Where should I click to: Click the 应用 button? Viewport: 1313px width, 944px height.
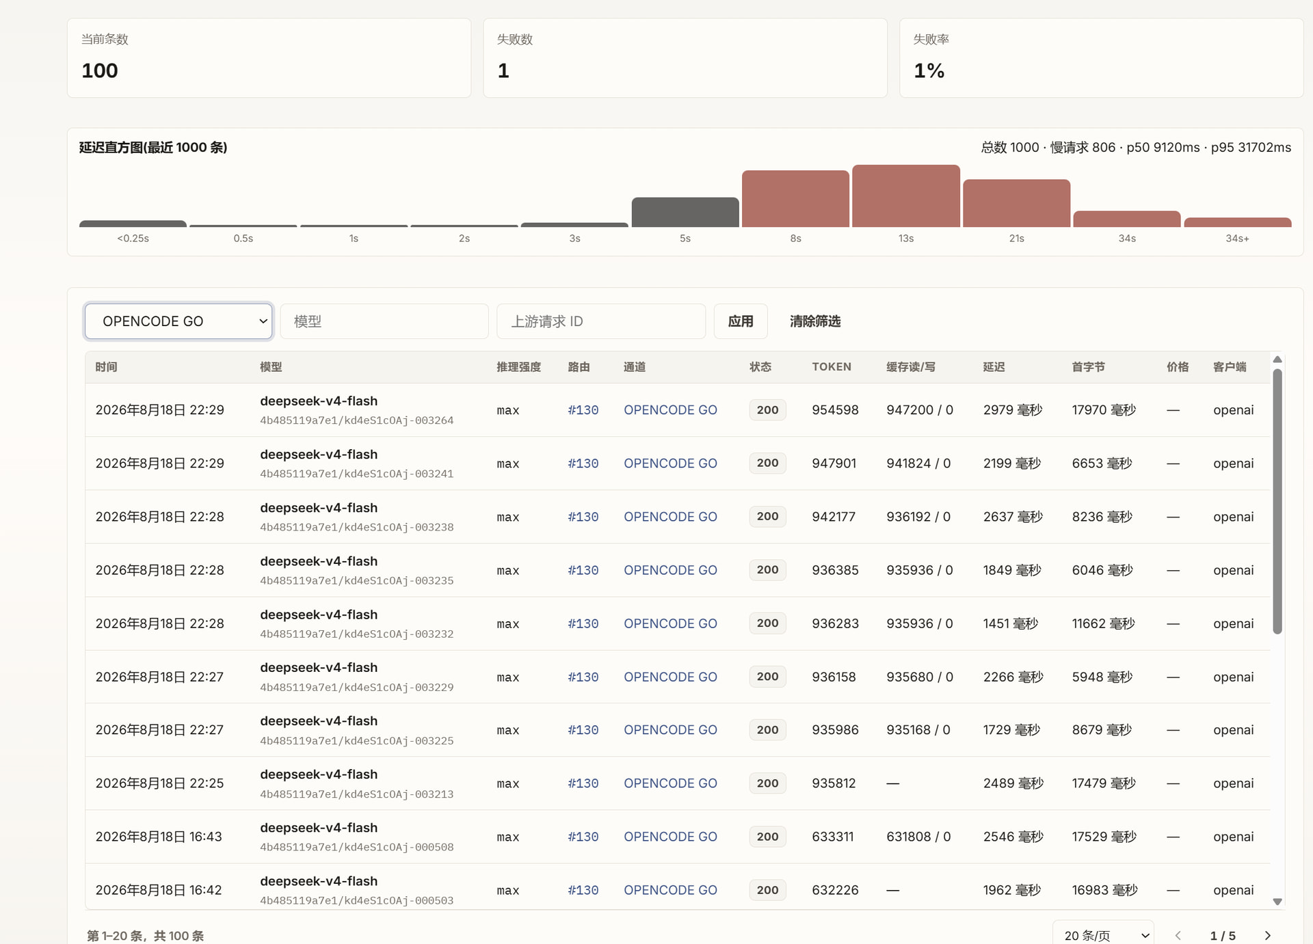[741, 321]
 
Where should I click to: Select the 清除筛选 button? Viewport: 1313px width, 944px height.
[815, 321]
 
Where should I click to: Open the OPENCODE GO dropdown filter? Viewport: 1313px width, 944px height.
[178, 321]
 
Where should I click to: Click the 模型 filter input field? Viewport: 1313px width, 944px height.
[384, 321]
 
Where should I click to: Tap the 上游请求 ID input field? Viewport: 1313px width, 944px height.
[601, 321]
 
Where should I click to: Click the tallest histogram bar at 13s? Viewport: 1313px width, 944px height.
[906, 196]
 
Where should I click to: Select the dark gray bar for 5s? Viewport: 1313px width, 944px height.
[685, 213]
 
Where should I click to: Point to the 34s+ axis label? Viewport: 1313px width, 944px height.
[1237, 239]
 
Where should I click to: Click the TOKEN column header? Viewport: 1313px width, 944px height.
[832, 367]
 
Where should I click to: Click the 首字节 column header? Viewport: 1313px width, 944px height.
[1088, 367]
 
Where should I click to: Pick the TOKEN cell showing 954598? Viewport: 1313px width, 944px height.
[835, 410]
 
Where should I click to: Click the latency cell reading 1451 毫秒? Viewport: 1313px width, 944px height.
[1010, 623]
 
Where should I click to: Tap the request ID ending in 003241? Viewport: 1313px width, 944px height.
[357, 474]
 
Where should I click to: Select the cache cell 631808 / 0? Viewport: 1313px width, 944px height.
[918, 837]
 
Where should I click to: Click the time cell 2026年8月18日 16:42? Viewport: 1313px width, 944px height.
[159, 890]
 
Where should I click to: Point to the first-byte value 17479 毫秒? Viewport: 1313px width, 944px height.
[1104, 783]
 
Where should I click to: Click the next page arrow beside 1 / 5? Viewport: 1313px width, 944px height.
[1267, 936]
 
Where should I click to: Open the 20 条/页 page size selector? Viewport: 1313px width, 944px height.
[1104, 935]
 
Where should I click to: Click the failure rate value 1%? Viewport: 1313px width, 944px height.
[929, 70]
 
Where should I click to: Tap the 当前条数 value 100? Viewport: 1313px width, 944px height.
[100, 70]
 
